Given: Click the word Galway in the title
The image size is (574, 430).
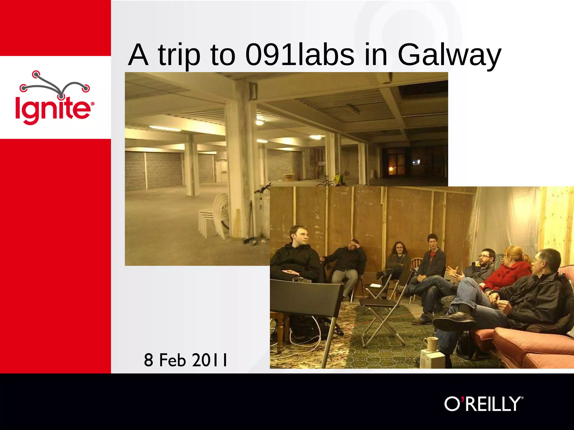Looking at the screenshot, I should point(449,55).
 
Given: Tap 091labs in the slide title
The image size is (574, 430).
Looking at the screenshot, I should point(299,55).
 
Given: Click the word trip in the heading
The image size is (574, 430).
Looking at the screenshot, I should point(179,55).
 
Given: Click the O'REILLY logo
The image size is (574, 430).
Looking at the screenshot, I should point(484,404).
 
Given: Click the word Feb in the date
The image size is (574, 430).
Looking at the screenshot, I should point(172,360).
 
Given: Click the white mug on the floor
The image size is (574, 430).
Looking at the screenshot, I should point(432,344).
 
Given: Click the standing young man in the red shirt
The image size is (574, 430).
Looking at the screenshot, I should point(433,258).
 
